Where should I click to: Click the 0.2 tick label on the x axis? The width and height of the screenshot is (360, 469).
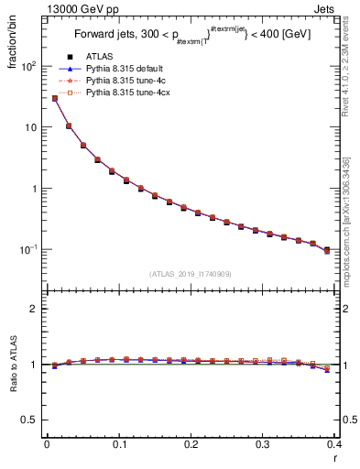[x=191, y=446]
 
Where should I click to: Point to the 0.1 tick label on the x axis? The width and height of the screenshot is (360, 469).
[x=118, y=446]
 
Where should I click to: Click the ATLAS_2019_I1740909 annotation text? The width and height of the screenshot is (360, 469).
[x=191, y=273]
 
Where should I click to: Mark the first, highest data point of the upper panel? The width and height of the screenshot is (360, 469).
[x=54, y=98]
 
